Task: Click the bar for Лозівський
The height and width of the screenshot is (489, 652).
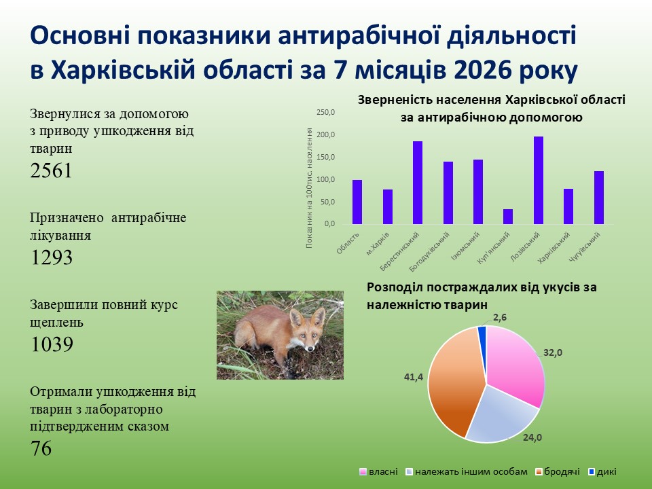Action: click(x=539, y=181)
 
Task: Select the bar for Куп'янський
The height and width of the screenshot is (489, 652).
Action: click(x=508, y=217)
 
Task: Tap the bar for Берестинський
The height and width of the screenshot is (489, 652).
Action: click(x=418, y=183)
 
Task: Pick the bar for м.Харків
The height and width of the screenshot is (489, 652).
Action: click(x=388, y=207)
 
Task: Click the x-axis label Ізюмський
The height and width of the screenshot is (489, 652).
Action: click(x=466, y=246)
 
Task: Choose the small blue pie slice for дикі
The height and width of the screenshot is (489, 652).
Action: click(x=482, y=333)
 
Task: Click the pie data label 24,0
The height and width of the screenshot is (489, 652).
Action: click(x=532, y=437)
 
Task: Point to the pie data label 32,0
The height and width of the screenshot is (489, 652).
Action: click(x=553, y=352)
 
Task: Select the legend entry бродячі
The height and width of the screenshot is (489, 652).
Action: click(x=558, y=471)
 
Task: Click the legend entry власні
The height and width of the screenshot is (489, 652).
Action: click(x=379, y=471)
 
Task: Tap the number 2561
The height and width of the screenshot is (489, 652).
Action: click(x=51, y=170)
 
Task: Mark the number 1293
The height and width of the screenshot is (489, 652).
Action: click(x=52, y=257)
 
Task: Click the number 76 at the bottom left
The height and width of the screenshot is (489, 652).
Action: click(x=41, y=448)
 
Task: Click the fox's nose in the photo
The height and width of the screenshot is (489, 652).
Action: click(x=310, y=348)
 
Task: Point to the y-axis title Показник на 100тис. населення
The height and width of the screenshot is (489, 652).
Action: click(x=309, y=188)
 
